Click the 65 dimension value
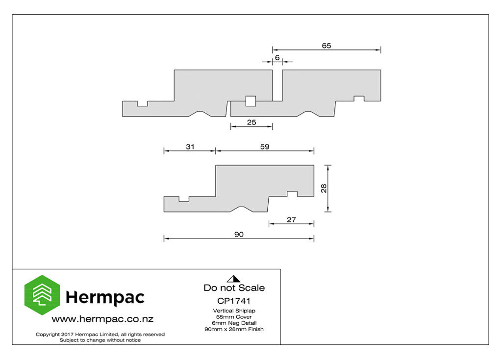tap(326, 46)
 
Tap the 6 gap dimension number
tap(277, 58)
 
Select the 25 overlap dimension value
tap(251, 122)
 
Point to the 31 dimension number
tap(190, 146)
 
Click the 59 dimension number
tap(265, 146)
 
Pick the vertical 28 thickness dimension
tap(324, 189)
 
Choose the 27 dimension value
tap(291, 219)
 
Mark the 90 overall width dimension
tap(239, 235)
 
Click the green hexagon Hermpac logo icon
tap(42, 295)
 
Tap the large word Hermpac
tap(105, 297)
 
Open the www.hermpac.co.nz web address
tap(102, 319)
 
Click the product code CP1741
tap(234, 301)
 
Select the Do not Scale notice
tap(234, 288)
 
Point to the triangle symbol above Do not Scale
tap(234, 279)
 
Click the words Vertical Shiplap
tap(234, 311)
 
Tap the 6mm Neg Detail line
tap(234, 323)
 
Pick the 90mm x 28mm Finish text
tap(234, 329)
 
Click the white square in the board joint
tap(251, 101)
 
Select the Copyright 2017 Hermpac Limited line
tap(100, 335)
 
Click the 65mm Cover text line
tap(234, 317)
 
